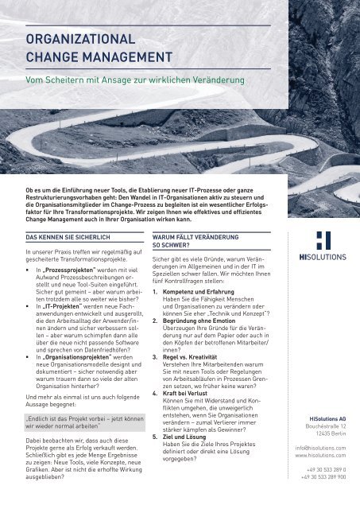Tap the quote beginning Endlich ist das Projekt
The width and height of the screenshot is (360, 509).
pyautogui.click(x=77, y=424)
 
